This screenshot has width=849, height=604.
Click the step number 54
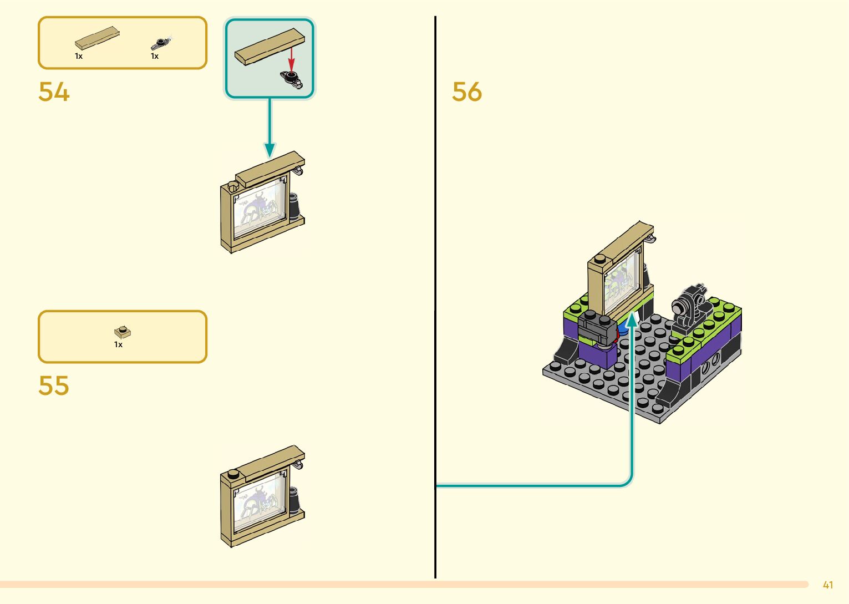(x=54, y=92)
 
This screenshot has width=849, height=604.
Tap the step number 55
(x=54, y=385)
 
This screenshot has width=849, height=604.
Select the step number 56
(x=467, y=92)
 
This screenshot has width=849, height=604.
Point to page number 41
(x=828, y=585)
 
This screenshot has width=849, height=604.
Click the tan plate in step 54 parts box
(x=97, y=38)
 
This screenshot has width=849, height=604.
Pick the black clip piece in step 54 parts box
(x=160, y=43)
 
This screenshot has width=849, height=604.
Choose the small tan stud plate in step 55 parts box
(x=123, y=332)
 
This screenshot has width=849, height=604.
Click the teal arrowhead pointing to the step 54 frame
(x=270, y=149)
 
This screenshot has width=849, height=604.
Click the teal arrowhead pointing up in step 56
(x=632, y=319)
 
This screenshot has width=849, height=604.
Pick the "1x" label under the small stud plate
(x=118, y=344)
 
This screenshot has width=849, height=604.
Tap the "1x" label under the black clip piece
(x=155, y=56)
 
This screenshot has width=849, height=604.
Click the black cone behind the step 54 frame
(x=294, y=206)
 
